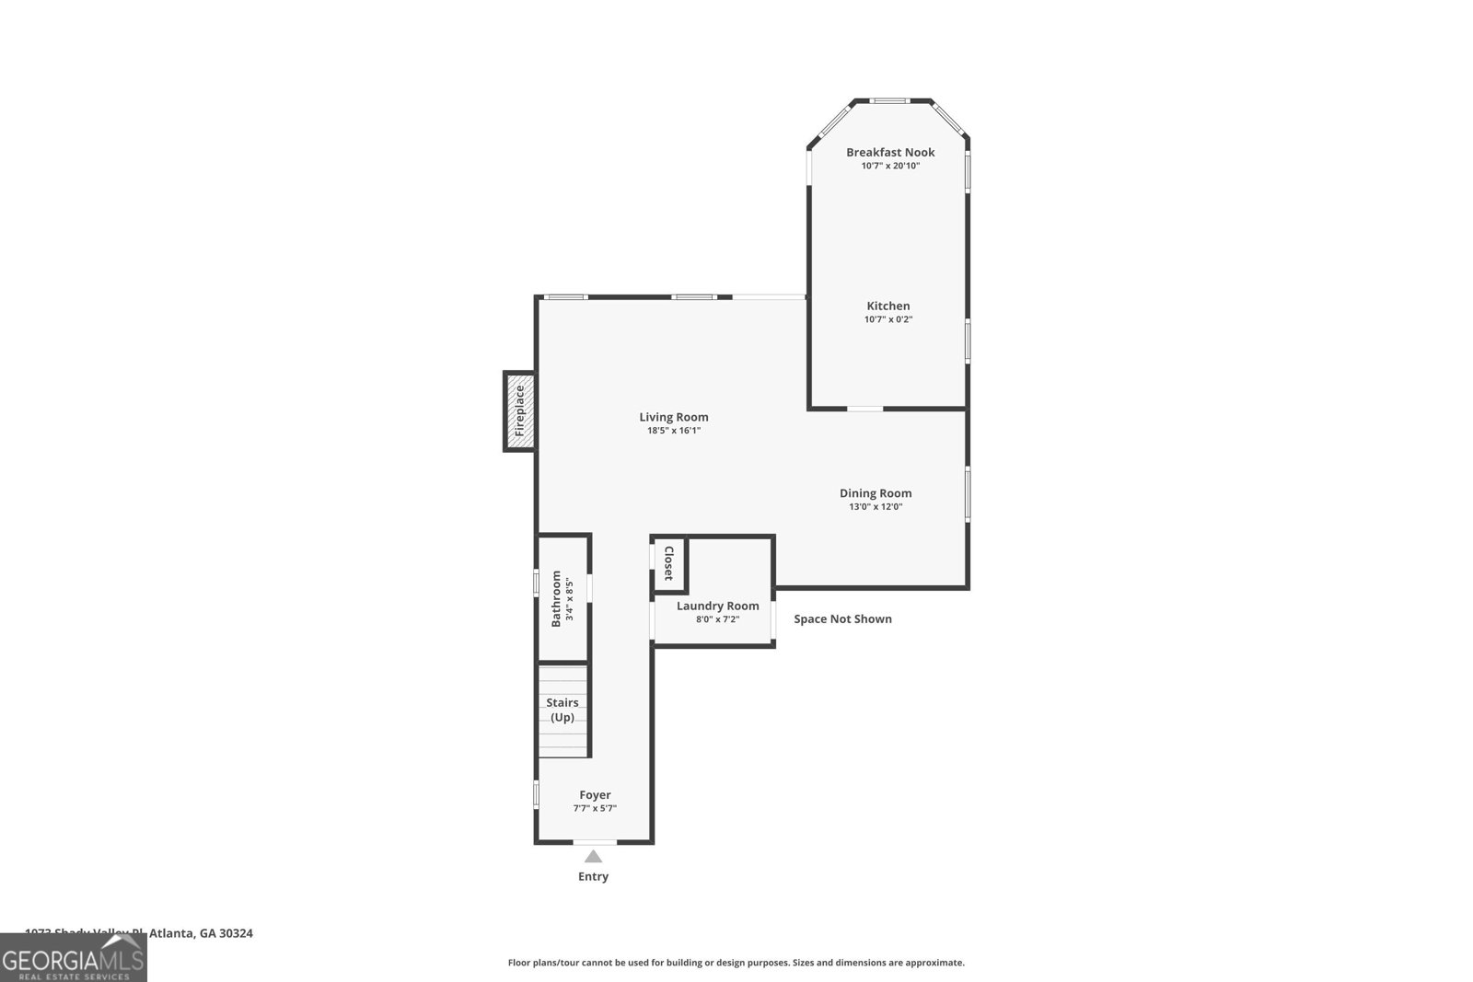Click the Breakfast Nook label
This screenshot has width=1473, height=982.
click(890, 152)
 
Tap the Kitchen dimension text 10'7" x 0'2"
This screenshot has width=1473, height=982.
click(888, 319)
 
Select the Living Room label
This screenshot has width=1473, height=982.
click(674, 417)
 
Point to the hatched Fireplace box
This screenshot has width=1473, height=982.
click(519, 410)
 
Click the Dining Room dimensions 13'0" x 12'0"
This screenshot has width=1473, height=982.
click(876, 506)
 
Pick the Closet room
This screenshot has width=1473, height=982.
click(668, 562)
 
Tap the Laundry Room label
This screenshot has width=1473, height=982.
click(717, 606)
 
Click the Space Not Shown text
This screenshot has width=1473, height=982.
click(842, 618)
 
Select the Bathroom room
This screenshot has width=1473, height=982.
click(563, 598)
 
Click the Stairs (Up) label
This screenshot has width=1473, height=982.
click(563, 710)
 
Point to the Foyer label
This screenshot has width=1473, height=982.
click(595, 795)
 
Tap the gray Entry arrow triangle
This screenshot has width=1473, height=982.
click(594, 857)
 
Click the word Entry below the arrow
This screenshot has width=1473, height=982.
click(593, 876)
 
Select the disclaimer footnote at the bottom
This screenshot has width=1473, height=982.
click(736, 963)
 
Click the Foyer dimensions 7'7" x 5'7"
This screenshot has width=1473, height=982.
click(595, 808)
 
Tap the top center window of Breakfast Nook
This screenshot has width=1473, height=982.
click(890, 100)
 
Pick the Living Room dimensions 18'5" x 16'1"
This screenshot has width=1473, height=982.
click(674, 430)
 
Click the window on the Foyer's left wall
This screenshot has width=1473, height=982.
click(536, 794)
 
